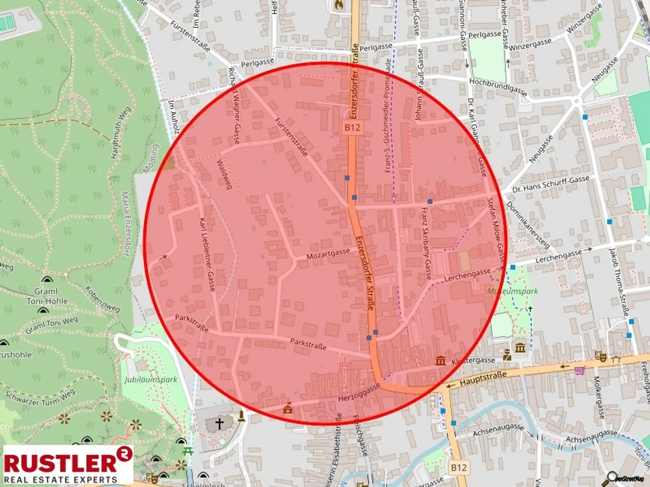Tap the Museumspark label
(512, 291)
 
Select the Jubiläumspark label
(151, 379)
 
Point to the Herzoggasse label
(359, 393)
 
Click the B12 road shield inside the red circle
(352, 128)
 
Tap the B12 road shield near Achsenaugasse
(459, 468)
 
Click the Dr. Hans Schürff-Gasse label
(551, 184)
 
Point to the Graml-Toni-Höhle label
(47, 296)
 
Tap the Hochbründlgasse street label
(498, 87)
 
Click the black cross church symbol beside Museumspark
(530, 309)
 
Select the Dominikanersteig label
(527, 225)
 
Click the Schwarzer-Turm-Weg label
(40, 398)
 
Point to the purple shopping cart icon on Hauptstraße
(579, 371)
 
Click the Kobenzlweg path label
(102, 299)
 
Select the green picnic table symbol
(187, 451)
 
